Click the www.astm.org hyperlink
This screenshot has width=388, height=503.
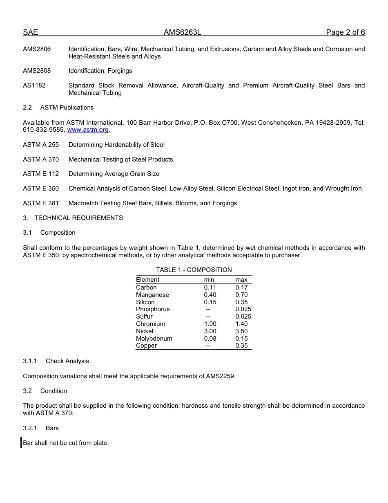[x=88, y=130]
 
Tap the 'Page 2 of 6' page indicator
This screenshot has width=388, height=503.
[x=345, y=33]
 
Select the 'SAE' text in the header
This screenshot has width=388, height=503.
[x=30, y=33]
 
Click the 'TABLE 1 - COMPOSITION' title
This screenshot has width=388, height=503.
[x=194, y=270]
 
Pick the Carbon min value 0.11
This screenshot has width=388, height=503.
[x=210, y=287]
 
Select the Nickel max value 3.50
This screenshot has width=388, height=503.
[x=241, y=331]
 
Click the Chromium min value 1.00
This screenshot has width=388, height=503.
[x=210, y=324]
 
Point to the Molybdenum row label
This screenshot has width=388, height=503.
[x=154, y=339]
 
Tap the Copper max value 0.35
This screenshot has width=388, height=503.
[x=241, y=346]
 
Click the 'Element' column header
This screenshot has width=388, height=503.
[x=147, y=280]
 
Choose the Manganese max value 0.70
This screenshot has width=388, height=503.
[x=241, y=295]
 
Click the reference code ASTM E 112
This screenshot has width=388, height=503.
[x=41, y=174]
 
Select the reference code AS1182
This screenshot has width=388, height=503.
[x=34, y=85]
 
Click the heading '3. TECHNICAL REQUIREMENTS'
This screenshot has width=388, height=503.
[x=73, y=218]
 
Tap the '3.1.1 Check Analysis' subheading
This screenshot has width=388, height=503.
[x=56, y=361]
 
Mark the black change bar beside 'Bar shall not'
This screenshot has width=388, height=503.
[x=21, y=442]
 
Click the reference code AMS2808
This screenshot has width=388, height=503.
[x=37, y=71]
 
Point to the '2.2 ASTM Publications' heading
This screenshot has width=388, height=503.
[x=58, y=108]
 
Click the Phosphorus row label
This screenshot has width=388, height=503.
[x=153, y=309]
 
